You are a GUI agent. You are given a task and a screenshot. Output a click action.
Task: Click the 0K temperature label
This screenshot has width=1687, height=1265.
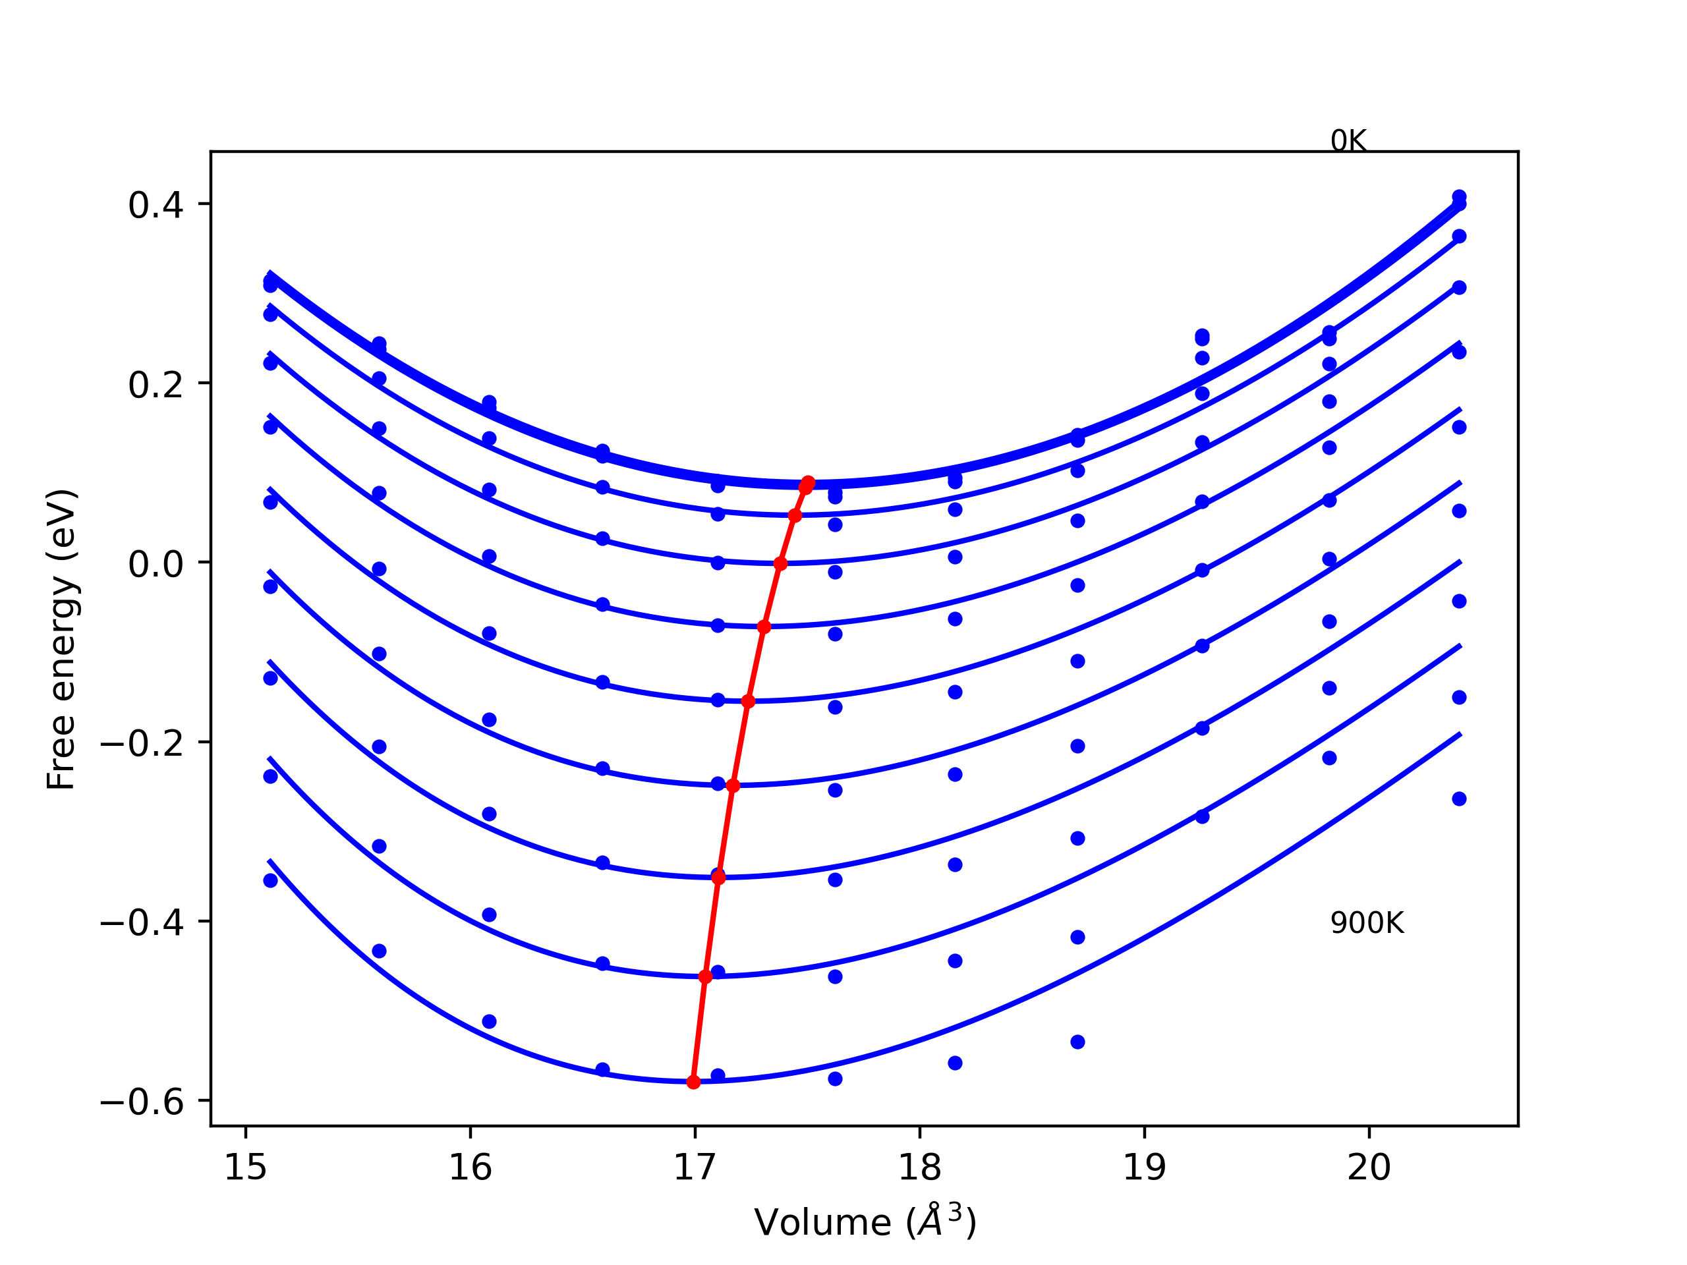(1348, 141)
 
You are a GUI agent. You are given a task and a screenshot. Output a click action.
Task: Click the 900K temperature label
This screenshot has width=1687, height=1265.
(1367, 924)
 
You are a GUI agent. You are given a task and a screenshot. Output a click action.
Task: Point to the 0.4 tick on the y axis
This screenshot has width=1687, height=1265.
(156, 205)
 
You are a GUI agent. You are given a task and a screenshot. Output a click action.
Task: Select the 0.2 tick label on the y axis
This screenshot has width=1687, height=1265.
(156, 384)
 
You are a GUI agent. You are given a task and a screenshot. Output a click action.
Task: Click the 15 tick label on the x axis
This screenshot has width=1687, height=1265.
(246, 1167)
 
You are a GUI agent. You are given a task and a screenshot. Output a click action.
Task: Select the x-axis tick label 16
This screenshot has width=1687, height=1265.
(471, 1167)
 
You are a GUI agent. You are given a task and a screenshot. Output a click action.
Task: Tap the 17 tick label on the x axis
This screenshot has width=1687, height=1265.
(695, 1167)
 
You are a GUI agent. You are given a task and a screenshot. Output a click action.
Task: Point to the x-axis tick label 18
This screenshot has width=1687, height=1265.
(920, 1167)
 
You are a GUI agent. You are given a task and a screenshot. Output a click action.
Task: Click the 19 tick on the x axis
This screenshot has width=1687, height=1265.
(1144, 1167)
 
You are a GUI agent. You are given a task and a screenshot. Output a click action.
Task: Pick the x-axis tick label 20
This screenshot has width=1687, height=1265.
(1369, 1167)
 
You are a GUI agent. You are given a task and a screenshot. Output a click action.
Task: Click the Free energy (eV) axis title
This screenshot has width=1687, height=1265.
(61, 639)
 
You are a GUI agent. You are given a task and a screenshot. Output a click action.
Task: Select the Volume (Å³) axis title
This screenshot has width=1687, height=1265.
(865, 1222)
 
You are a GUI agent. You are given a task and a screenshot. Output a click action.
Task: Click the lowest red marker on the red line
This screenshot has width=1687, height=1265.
(693, 1082)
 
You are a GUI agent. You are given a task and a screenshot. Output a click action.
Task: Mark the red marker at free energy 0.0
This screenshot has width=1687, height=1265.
(780, 563)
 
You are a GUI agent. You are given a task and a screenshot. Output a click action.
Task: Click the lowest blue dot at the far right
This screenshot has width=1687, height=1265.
(1459, 799)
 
